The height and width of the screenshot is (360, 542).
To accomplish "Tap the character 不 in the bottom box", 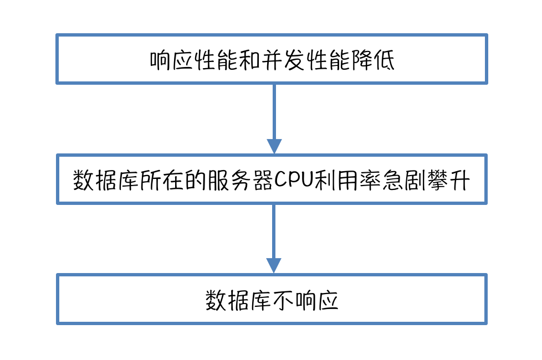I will coord(283,301).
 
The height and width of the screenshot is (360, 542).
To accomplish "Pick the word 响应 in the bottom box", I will coord(316,301).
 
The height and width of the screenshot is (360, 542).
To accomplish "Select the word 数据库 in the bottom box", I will coord(238,301).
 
